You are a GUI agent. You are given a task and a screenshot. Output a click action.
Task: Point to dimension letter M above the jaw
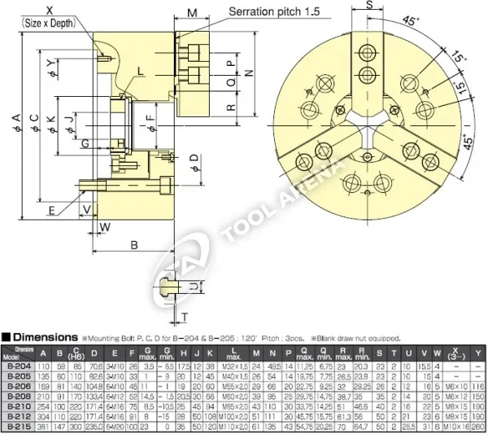(192, 14)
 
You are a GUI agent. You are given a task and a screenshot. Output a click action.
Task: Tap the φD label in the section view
(193, 157)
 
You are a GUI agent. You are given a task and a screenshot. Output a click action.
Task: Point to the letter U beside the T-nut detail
(194, 287)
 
